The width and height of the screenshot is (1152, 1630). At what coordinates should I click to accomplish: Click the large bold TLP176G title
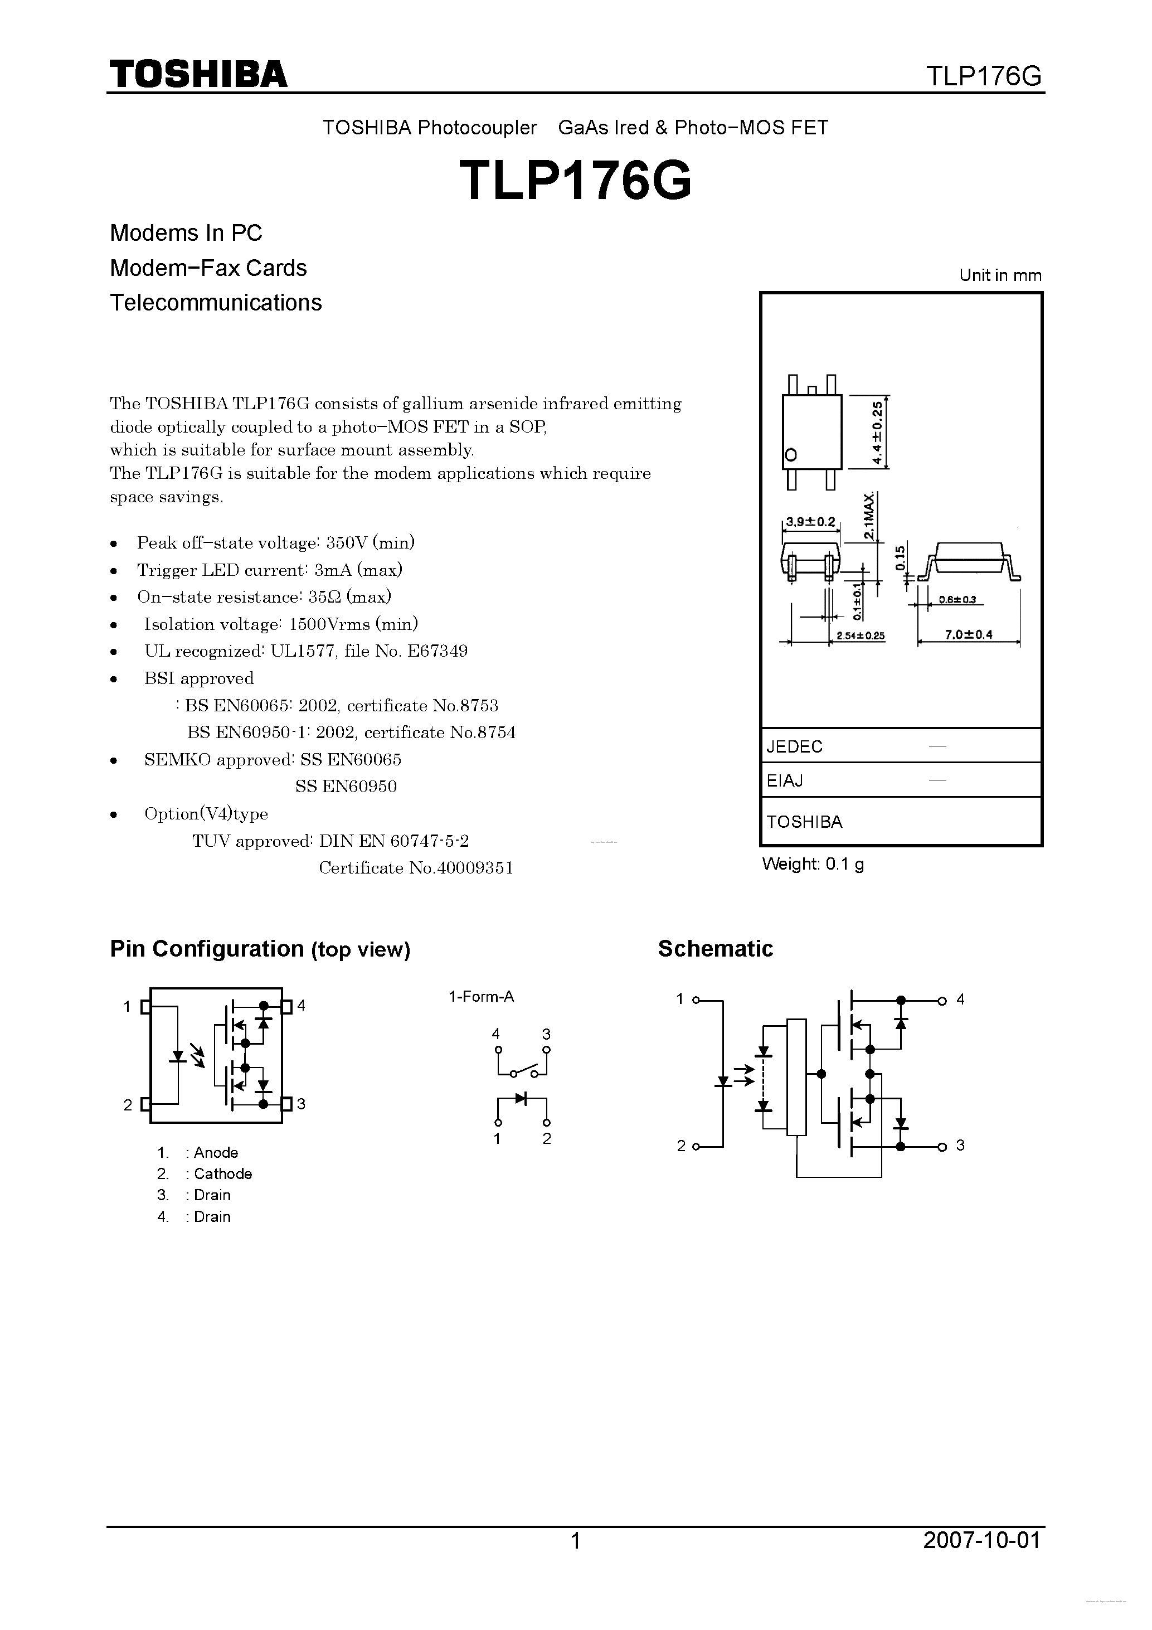click(x=575, y=180)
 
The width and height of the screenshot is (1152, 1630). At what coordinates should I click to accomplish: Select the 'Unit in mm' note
click(x=1000, y=275)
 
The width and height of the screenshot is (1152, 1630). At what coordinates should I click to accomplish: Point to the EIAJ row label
click(x=785, y=781)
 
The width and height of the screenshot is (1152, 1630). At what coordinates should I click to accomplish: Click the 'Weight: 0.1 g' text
click(x=813, y=864)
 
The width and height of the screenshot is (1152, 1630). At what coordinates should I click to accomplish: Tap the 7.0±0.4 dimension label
click(x=968, y=635)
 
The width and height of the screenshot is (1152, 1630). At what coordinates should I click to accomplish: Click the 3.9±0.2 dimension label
click(x=810, y=522)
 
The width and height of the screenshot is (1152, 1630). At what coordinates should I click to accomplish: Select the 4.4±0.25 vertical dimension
click(x=878, y=433)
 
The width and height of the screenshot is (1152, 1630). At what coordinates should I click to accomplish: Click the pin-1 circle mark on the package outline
click(x=791, y=454)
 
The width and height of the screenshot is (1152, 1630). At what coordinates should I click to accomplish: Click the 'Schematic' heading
click(x=714, y=949)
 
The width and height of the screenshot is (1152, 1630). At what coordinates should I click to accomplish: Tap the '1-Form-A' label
click(x=480, y=997)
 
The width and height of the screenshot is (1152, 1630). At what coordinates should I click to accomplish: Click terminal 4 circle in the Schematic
click(x=942, y=1001)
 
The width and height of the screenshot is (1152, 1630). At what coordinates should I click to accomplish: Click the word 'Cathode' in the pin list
click(x=223, y=1174)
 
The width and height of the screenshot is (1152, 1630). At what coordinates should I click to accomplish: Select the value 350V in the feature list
click(x=345, y=543)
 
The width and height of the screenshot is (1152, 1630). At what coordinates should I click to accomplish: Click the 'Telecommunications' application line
click(x=216, y=303)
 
